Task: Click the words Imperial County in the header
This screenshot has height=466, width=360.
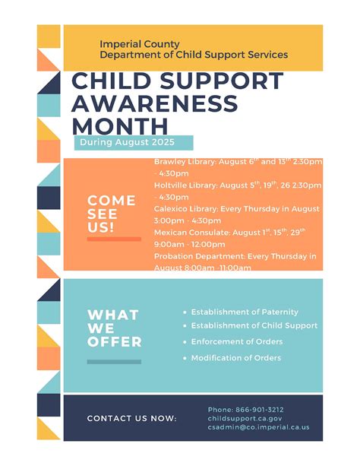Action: point(140,44)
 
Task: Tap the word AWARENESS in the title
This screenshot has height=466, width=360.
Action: point(155,103)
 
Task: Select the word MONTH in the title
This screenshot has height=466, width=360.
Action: point(120,126)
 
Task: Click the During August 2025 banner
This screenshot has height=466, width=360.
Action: point(134,143)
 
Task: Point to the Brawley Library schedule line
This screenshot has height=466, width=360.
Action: point(238,167)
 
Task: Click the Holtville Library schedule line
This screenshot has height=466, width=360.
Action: point(238,191)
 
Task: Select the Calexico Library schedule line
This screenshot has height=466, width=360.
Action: point(237,214)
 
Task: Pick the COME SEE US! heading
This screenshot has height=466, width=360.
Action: point(112,214)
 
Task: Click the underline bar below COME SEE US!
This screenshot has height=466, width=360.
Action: point(114,239)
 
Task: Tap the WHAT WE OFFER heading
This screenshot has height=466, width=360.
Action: point(115,328)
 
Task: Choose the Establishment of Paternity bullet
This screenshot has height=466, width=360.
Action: point(241,312)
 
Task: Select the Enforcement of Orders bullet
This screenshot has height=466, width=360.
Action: point(233,342)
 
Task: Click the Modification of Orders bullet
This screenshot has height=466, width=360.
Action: point(232,358)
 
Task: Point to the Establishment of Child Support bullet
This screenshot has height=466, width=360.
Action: point(251,325)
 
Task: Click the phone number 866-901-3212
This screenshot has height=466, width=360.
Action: point(260,410)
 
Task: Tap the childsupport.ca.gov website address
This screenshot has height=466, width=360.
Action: point(245,418)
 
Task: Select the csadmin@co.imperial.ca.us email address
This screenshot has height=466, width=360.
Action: point(258,427)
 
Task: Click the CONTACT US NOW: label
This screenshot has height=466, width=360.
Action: point(132,418)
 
